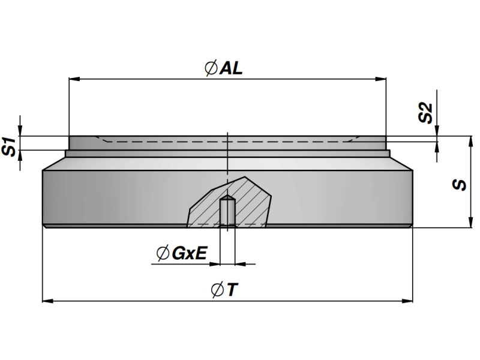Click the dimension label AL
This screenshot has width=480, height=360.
tap(232, 68)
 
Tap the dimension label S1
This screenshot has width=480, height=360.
tap(9, 146)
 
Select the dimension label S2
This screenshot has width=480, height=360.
tap(425, 113)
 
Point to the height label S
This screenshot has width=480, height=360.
tap(460, 184)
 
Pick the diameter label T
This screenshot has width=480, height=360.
tap(233, 290)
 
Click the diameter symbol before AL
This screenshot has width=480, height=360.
tap(211, 69)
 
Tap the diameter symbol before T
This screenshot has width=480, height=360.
tap(218, 290)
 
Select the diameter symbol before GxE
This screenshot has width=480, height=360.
tap(162, 254)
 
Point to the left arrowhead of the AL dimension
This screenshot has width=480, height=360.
tap(74, 78)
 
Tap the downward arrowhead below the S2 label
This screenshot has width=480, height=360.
tap(438, 132)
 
